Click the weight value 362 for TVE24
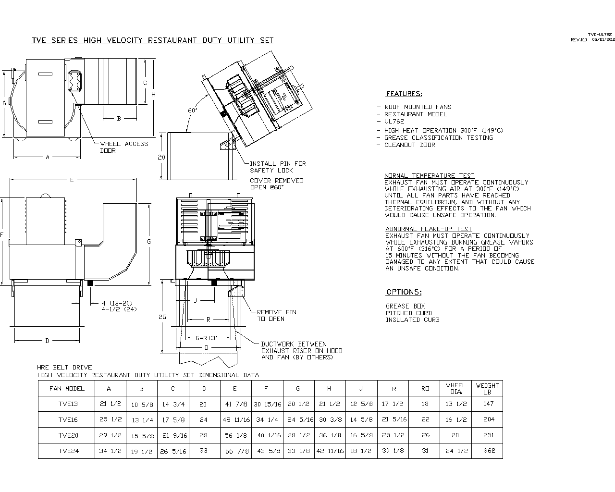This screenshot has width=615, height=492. point(489,451)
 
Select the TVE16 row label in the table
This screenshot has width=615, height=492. point(68,419)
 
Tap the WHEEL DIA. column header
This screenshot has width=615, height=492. point(455,388)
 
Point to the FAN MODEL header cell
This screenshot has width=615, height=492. point(67,388)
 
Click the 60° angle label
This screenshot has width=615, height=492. point(192,111)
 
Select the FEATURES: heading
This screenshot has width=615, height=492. point(404,94)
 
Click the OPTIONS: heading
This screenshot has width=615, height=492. point(404,292)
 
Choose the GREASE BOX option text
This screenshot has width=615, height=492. point(405,306)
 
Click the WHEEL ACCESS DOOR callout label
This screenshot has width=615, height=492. point(123,147)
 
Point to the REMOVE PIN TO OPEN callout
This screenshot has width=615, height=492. point(276,315)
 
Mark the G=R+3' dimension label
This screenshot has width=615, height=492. point(207,338)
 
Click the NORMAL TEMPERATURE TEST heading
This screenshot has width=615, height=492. point(429,176)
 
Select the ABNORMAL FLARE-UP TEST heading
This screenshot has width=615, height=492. point(429,229)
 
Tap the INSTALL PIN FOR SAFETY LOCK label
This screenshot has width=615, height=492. point(278,167)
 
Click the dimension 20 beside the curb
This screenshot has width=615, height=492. point(161,157)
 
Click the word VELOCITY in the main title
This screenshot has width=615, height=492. point(123,40)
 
